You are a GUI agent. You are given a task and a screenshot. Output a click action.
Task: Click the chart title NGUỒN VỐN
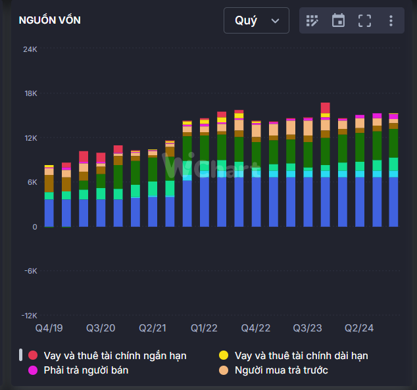tap(50, 20)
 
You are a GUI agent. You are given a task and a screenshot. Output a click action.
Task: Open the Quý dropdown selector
tap(256, 20)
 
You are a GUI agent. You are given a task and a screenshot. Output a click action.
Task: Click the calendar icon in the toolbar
tap(338, 20)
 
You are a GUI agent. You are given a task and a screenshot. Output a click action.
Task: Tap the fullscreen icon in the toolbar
tap(364, 20)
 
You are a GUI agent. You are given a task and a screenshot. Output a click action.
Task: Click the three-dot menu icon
tap(391, 20)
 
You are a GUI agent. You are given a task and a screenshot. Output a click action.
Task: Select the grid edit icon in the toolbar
tap(312, 20)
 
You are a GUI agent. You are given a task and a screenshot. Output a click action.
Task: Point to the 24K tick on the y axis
tap(30, 49)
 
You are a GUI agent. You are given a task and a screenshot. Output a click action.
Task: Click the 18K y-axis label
tap(30, 93)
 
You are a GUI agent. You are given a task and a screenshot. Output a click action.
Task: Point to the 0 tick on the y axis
tap(35, 227)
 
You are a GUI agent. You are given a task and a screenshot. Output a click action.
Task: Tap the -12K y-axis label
tap(29, 315)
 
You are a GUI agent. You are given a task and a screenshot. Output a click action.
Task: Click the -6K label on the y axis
tap(30, 271)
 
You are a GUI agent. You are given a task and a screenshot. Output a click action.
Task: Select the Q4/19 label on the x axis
tap(49, 328)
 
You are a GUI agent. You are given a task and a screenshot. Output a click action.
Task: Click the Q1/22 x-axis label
tap(204, 328)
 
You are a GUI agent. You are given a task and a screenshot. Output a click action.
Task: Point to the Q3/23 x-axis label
tap(307, 328)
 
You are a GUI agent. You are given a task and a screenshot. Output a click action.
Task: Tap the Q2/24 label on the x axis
tap(358, 328)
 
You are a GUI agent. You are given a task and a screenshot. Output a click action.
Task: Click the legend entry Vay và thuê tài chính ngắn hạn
tap(115, 356)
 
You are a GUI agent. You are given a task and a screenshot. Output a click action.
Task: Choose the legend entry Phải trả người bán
tap(86, 370)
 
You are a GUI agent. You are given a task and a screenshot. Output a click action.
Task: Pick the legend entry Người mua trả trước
tap(282, 370)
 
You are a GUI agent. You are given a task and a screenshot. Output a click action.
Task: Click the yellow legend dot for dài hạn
tap(224, 356)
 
